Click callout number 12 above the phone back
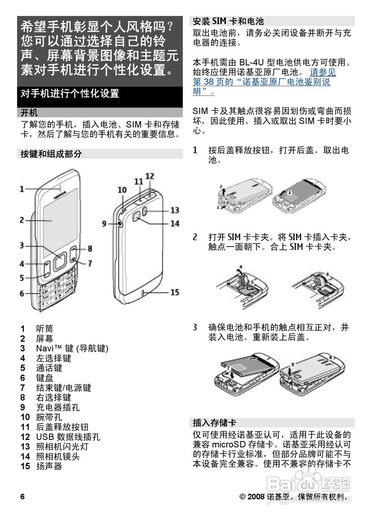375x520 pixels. pyautogui.click(x=150, y=176)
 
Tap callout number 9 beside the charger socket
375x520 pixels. pyautogui.click(x=104, y=224)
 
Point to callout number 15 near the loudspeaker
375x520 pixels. pyautogui.click(x=175, y=292)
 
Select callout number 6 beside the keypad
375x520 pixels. pyautogui.click(x=22, y=293)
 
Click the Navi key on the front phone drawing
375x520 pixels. pyautogui.click(x=59, y=261)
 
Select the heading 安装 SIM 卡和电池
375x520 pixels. pyautogui.click(x=228, y=22)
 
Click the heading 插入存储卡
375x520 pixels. pyautogui.click(x=215, y=422)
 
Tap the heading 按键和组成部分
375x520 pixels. pyautogui.click(x=51, y=154)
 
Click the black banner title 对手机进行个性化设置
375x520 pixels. pyautogui.click(x=69, y=93)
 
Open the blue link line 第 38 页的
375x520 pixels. pyautogui.click(x=262, y=82)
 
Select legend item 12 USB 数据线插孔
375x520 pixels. pyautogui.click(x=60, y=437)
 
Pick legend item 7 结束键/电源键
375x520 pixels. pyautogui.click(x=56, y=388)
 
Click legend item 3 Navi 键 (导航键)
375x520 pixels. pyautogui.click(x=64, y=348)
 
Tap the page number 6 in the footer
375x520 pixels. pyautogui.click(x=22, y=496)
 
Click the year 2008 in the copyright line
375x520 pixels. pyautogui.click(x=256, y=496)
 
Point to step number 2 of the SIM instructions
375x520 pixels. pyautogui.click(x=195, y=237)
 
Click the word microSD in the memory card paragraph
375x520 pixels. pyautogui.click(x=229, y=444)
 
